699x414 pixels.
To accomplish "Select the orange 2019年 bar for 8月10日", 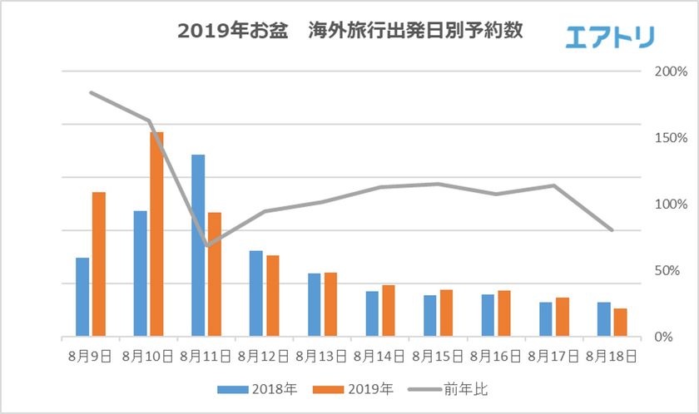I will click(156, 234).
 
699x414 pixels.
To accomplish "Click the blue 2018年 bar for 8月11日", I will click(198, 246).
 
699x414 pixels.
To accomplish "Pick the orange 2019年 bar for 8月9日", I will click(99, 264).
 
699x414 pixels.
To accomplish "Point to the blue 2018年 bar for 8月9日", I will click(82, 298).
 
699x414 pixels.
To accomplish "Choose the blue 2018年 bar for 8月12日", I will click(256, 293).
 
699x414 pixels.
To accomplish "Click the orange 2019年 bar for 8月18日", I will click(621, 323).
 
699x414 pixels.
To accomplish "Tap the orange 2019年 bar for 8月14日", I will click(389, 311).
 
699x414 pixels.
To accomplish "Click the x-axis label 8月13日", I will click(322, 357).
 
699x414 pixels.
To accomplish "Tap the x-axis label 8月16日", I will click(496, 357).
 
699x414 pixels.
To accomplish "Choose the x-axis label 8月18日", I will click(612, 357).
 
